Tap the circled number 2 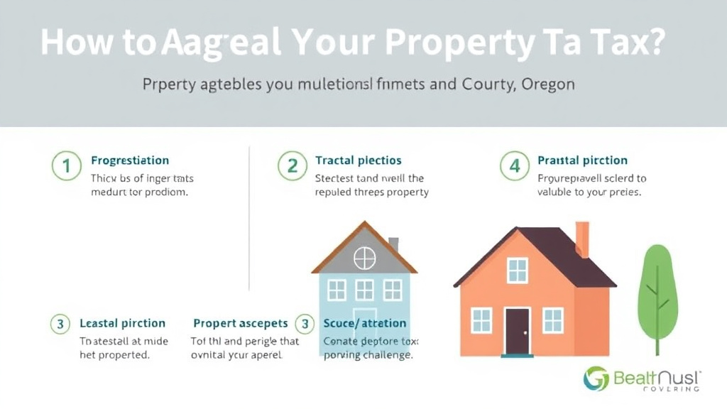click(x=291, y=167)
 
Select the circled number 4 click(x=514, y=167)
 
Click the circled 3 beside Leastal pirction click(x=60, y=324)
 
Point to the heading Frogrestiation click(x=130, y=160)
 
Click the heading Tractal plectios click(x=358, y=160)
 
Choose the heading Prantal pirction click(x=582, y=160)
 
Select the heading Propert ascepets click(x=240, y=324)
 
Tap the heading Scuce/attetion click(x=365, y=324)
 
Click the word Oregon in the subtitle click(x=548, y=84)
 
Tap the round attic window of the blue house click(x=364, y=258)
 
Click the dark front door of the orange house click(x=517, y=331)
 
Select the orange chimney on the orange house click(x=582, y=239)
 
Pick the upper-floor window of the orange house click(x=518, y=270)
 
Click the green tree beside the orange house click(x=657, y=291)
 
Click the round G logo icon click(x=596, y=378)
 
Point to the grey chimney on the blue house click(x=393, y=244)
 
